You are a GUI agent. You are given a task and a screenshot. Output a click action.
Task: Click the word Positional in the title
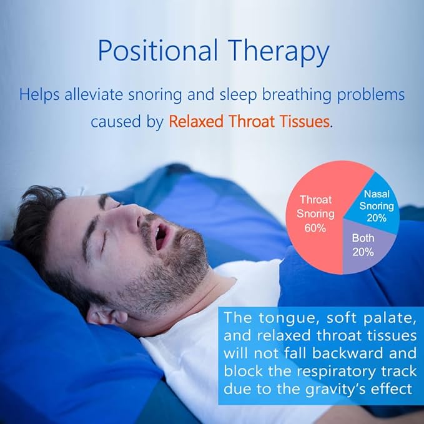tap(157, 52)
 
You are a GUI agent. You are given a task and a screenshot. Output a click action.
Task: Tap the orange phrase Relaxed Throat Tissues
tap(249, 121)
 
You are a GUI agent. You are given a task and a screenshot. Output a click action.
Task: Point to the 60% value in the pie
tap(315, 228)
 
